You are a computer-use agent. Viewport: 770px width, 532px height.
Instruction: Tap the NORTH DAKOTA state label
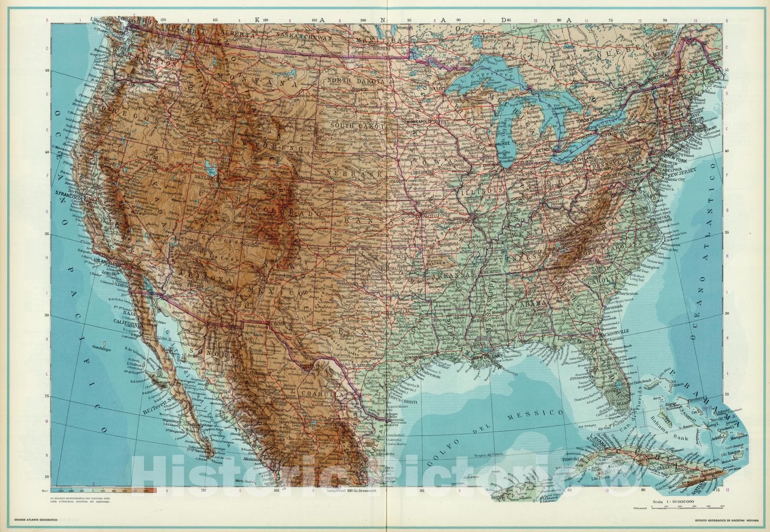click(357, 80)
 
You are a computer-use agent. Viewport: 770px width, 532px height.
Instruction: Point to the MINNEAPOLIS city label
click(423, 123)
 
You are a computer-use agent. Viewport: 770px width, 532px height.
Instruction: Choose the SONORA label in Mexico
click(205, 353)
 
